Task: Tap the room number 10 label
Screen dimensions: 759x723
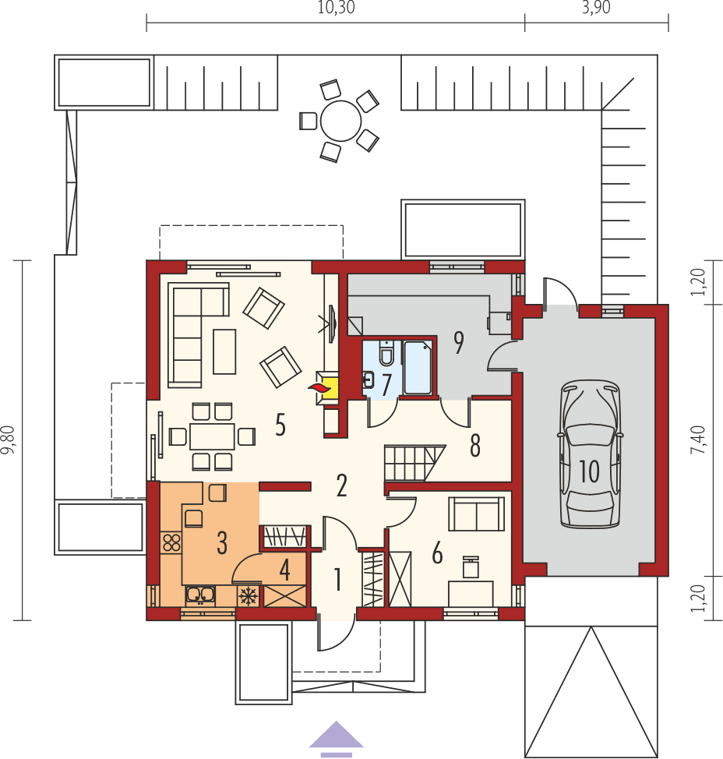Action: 589,471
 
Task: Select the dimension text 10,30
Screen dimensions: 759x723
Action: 334,9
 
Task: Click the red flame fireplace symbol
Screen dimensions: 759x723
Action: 317,387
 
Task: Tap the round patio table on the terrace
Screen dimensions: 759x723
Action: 340,121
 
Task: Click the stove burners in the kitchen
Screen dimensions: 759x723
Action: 170,542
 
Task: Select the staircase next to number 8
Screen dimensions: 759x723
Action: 412,463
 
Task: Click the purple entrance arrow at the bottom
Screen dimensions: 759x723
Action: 336,739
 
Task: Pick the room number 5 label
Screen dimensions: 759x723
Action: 280,425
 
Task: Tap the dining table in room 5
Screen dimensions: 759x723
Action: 212,436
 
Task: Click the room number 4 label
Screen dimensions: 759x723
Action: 285,570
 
